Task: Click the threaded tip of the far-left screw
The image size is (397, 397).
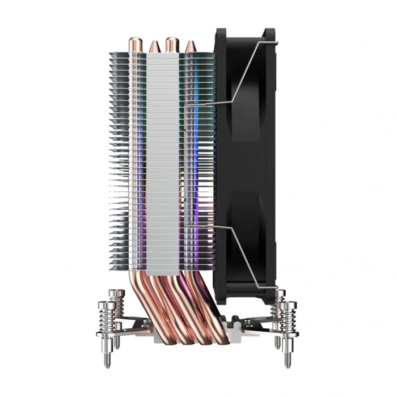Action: [x=107, y=359]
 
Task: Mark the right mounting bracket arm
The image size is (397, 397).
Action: [x=258, y=326]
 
